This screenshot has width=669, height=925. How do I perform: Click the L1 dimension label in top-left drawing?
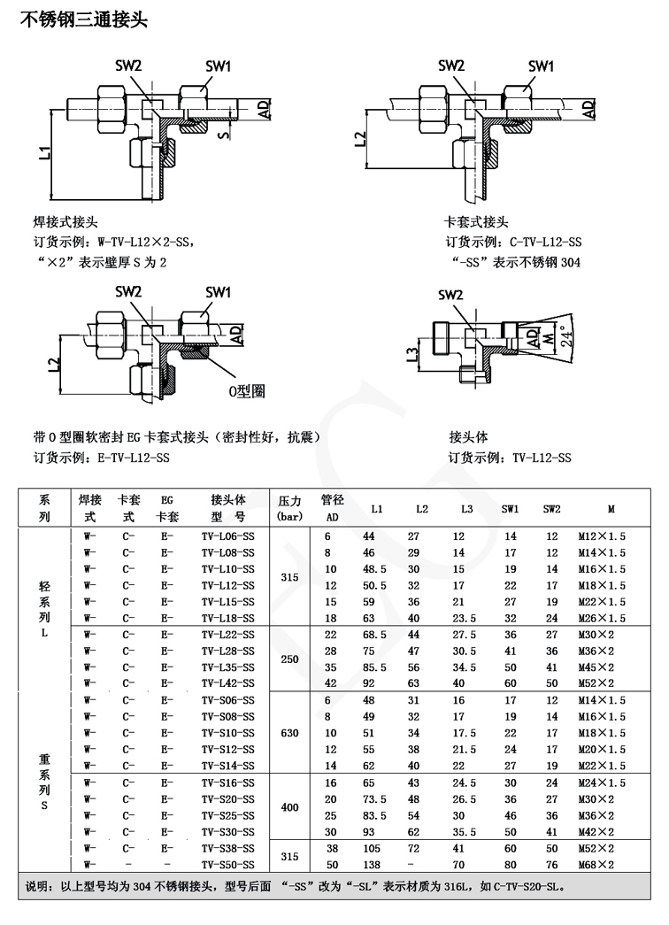tap(44, 151)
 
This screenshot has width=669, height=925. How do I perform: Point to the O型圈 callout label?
tap(247, 390)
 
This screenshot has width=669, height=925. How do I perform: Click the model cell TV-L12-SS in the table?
tap(227, 584)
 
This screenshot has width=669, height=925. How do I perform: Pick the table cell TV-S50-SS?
tap(227, 863)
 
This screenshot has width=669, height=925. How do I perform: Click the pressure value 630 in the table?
tap(289, 732)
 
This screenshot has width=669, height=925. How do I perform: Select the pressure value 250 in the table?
tap(289, 659)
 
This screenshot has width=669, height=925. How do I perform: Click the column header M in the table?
tap(611, 509)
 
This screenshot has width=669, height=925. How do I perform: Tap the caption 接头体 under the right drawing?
tap(469, 437)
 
